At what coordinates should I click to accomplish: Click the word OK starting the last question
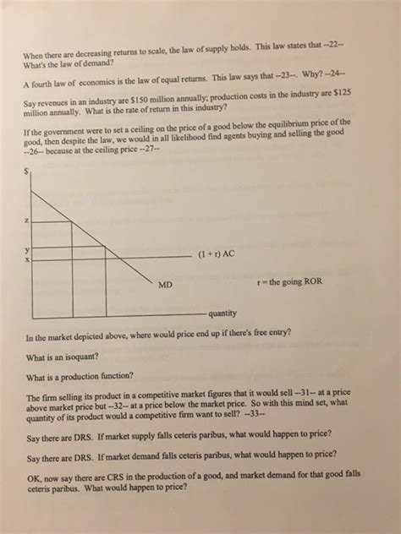34,476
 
